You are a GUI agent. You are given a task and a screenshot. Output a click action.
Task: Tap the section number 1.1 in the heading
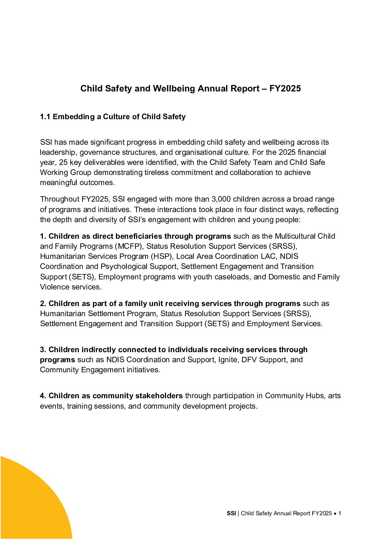[x=45, y=117]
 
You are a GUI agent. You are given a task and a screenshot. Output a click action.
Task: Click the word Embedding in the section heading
[x=74, y=117]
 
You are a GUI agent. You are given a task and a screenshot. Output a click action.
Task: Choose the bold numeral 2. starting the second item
[x=43, y=304]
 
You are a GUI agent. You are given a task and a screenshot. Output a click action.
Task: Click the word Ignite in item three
[x=228, y=360]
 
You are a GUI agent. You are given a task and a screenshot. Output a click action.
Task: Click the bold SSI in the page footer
[x=231, y=513]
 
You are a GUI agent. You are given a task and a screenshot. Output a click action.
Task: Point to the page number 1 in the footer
[x=340, y=513]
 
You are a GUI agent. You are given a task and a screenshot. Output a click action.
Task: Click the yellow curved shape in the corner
[x=29, y=504]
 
